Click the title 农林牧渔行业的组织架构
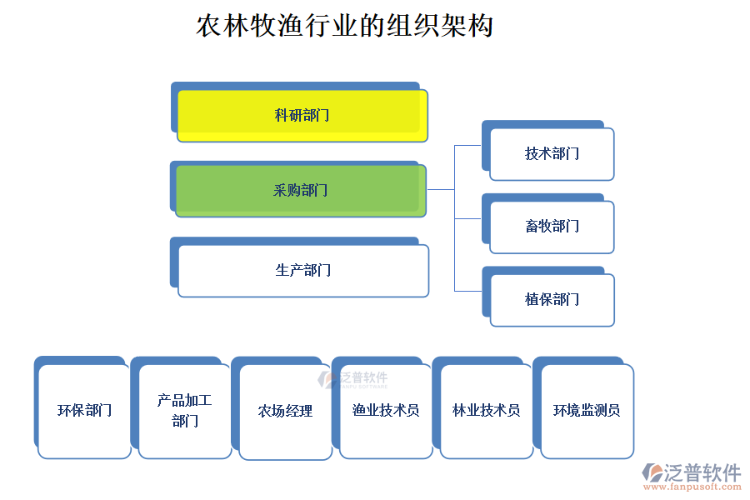(x=344, y=25)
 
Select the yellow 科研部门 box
(x=302, y=116)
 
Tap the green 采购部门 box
(x=301, y=191)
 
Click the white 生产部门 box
(x=303, y=271)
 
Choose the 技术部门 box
(x=552, y=154)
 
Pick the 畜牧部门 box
(x=552, y=227)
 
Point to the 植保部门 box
(x=552, y=300)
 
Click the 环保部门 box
(x=84, y=411)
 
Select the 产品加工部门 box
(x=185, y=411)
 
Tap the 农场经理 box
(x=285, y=411)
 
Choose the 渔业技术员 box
(x=386, y=411)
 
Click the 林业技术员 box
(x=487, y=411)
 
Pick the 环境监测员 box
(x=587, y=411)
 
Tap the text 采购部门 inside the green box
(x=301, y=191)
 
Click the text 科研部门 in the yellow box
(x=302, y=116)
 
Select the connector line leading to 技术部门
(x=467, y=145)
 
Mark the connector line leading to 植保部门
(x=467, y=291)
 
